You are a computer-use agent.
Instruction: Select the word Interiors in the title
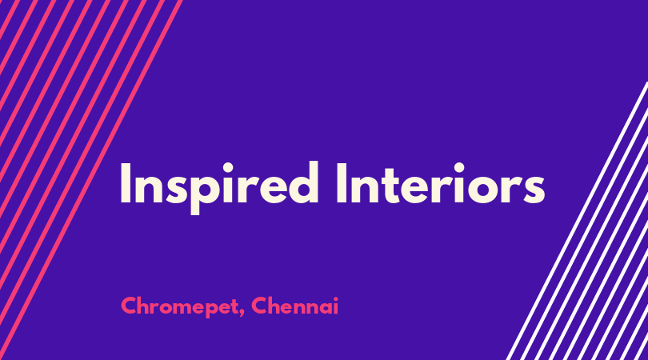pos(441,183)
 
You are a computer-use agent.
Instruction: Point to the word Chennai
pos(294,306)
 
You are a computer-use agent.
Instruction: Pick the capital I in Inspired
pos(125,183)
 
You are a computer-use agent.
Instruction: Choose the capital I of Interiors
pos(341,183)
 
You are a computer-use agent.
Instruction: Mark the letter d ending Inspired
pos(303,182)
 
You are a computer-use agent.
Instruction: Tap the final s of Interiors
pos(534,190)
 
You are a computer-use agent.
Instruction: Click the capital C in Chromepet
pos(129,306)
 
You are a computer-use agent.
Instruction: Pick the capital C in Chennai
pos(259,306)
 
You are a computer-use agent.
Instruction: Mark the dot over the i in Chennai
pos(335,298)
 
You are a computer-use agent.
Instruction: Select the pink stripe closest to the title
pos(91,180)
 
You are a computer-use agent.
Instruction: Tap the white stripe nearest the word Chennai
pos(578,221)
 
